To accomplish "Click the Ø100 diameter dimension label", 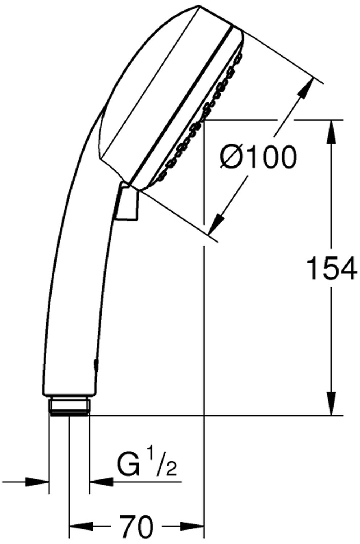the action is point(258,157).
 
